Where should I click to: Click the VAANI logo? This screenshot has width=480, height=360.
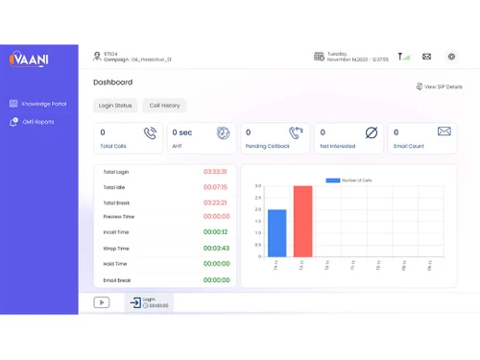coord(30,60)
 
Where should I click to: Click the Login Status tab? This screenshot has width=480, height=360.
coord(115,106)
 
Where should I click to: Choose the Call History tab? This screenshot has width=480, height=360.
coord(164,106)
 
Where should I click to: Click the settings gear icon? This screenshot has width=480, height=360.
coord(451,57)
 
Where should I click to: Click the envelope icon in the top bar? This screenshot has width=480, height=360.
coord(426,57)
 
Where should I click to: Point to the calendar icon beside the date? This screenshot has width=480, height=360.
coord(319,57)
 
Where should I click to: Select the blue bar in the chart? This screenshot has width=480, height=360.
coord(276,233)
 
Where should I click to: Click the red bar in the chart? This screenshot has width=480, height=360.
coord(302,222)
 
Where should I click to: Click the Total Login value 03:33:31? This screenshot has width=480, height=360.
coord(215,172)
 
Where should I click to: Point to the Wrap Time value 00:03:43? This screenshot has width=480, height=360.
coord(216,249)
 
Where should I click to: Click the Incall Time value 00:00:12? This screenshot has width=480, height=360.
coord(216,232)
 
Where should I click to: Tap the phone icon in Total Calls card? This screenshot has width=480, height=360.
coord(151,133)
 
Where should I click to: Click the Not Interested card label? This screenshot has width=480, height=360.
coord(337,147)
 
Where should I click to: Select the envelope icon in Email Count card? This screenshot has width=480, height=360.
coord(444,132)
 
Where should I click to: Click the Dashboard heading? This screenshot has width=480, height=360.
coord(112,83)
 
